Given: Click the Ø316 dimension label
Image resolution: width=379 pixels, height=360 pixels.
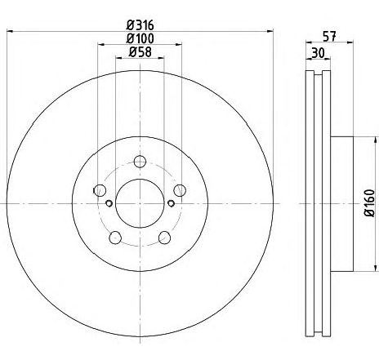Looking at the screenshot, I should (140, 24).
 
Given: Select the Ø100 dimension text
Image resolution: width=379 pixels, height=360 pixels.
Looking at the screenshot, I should (140, 38).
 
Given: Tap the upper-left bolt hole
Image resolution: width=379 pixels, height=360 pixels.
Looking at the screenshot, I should (100, 190).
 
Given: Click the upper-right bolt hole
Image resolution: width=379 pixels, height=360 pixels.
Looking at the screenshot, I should (180, 190).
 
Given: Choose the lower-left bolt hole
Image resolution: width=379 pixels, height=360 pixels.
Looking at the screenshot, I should (115, 237).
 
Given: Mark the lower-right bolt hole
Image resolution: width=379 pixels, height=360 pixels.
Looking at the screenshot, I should (164, 237).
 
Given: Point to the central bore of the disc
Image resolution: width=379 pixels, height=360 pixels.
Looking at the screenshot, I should (140, 202).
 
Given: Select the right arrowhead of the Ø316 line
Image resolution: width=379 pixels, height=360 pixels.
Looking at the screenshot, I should (270, 31).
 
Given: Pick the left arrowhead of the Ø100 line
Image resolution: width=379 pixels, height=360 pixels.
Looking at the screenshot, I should (101, 45).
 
